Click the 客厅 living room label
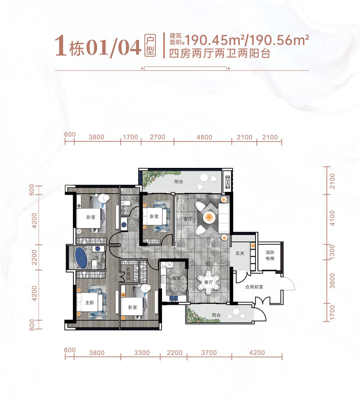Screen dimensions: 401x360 pyautogui.click(x=188, y=220)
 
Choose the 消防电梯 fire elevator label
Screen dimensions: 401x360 pyautogui.click(x=269, y=256)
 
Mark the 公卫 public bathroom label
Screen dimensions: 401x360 pyautogui.click(x=133, y=198)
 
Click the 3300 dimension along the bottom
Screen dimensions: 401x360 pyautogui.click(x=142, y=352)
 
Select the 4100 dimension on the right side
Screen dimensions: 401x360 pyautogui.click(x=333, y=219)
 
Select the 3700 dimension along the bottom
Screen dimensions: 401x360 pyautogui.click(x=209, y=352)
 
